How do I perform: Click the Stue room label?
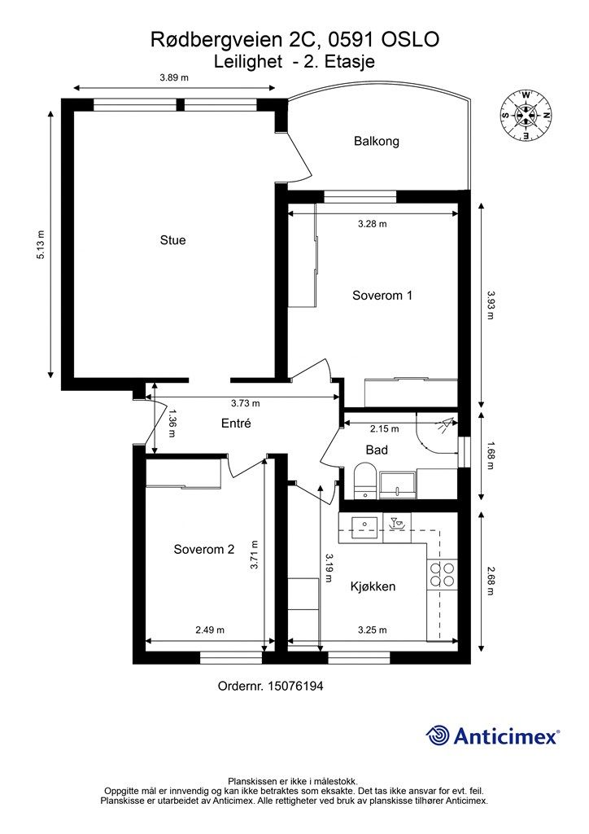172,240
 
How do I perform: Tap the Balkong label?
377,142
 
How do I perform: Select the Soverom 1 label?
382,296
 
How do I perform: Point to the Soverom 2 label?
204,550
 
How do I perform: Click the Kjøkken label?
373,586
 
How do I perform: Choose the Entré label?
236,424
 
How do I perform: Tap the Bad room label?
377,450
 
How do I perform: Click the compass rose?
526,115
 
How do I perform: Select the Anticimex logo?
492,736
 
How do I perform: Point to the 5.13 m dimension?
41,244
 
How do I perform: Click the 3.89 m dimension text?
174,77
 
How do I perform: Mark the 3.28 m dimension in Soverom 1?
373,224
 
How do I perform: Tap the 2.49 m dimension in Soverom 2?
210,630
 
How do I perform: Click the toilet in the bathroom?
365,479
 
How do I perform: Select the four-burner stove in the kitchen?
442,574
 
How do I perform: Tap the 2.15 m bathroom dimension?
385,428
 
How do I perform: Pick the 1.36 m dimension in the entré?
172,423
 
